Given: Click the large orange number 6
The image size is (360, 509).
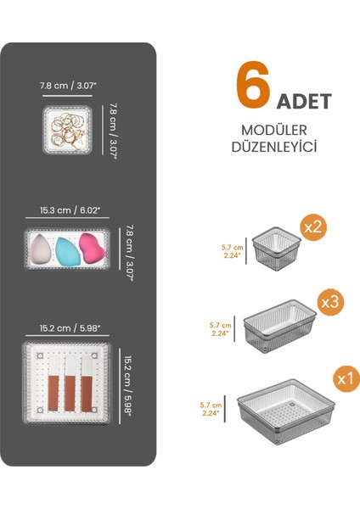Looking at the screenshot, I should pos(252,84).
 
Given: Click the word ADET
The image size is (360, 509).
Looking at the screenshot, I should pos(302,99).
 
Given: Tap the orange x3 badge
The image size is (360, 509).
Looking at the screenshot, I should pos(329,302).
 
